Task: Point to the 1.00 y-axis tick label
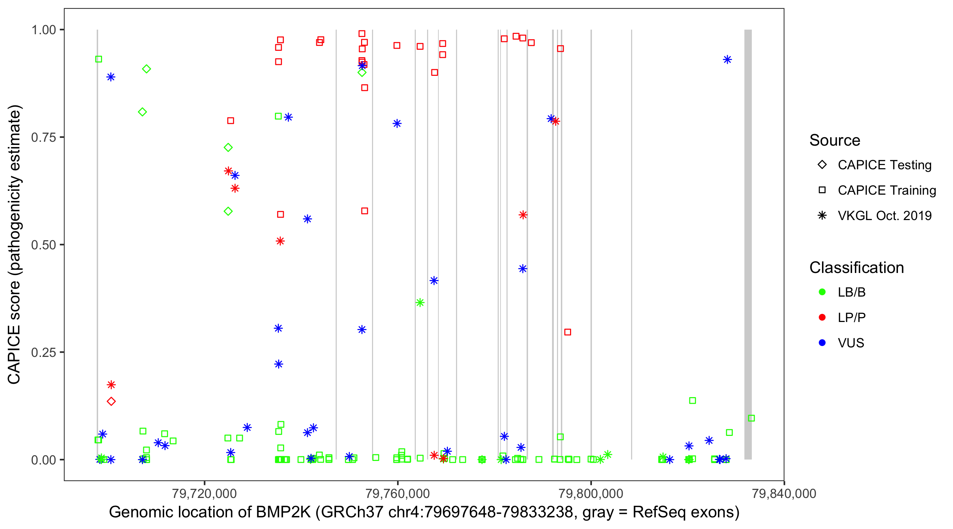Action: pos(43,30)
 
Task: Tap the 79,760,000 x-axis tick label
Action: pos(397,493)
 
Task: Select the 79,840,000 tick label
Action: pos(784,493)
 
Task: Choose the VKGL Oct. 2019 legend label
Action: pos(885,215)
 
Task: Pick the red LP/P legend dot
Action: pos(822,317)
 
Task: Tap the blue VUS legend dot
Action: pos(822,343)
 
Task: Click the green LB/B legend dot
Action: pos(822,292)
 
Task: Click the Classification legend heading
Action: pos(856,268)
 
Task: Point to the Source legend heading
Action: pos(835,140)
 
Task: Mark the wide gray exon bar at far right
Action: pos(748,244)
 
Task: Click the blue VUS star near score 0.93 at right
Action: pos(727,60)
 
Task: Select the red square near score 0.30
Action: pos(568,332)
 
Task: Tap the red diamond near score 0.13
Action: pos(111,401)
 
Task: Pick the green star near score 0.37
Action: pos(420,303)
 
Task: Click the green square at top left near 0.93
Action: pos(98,59)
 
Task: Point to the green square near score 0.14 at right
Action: pos(693,400)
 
